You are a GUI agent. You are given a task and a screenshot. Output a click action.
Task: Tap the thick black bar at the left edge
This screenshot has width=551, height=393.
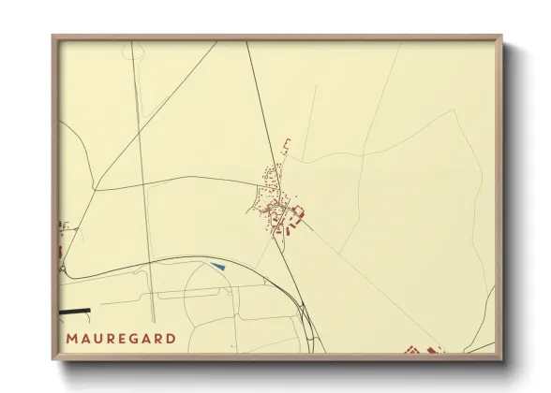[x=75, y=311]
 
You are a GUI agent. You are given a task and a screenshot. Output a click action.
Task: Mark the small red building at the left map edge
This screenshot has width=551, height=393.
[x=62, y=251]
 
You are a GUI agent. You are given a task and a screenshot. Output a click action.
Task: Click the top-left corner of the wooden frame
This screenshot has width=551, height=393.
[x=53, y=37]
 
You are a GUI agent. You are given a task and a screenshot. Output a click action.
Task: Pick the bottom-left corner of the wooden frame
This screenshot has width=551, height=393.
[x=53, y=359]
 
